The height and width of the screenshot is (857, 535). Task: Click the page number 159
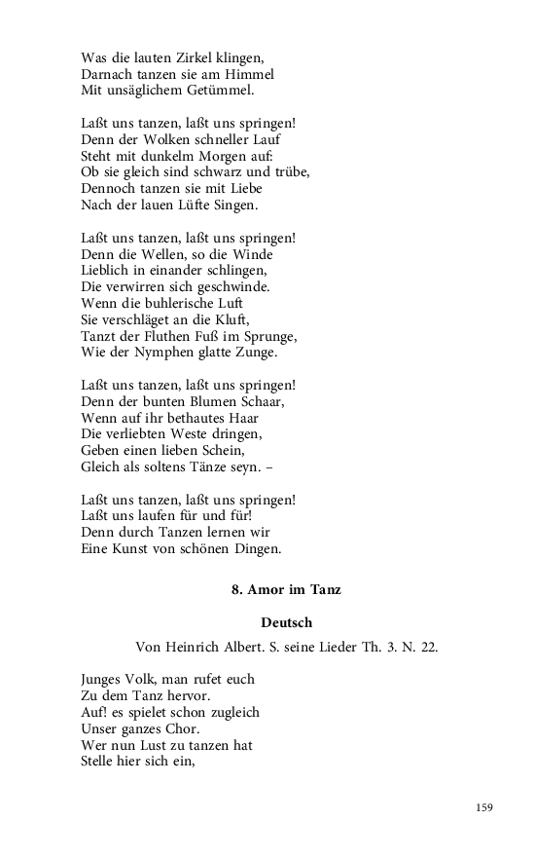(x=484, y=807)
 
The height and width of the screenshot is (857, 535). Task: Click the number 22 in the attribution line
(x=429, y=645)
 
